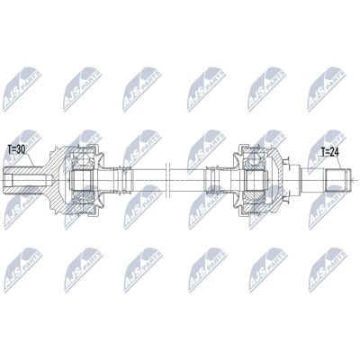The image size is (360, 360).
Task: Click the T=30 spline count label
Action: [x=16, y=149]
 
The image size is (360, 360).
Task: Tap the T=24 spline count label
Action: [x=329, y=152]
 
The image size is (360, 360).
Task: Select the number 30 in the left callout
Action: [x=20, y=149]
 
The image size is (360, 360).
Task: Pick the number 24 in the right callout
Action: [x=334, y=152]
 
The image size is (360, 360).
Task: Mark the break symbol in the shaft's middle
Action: [x=167, y=180]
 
